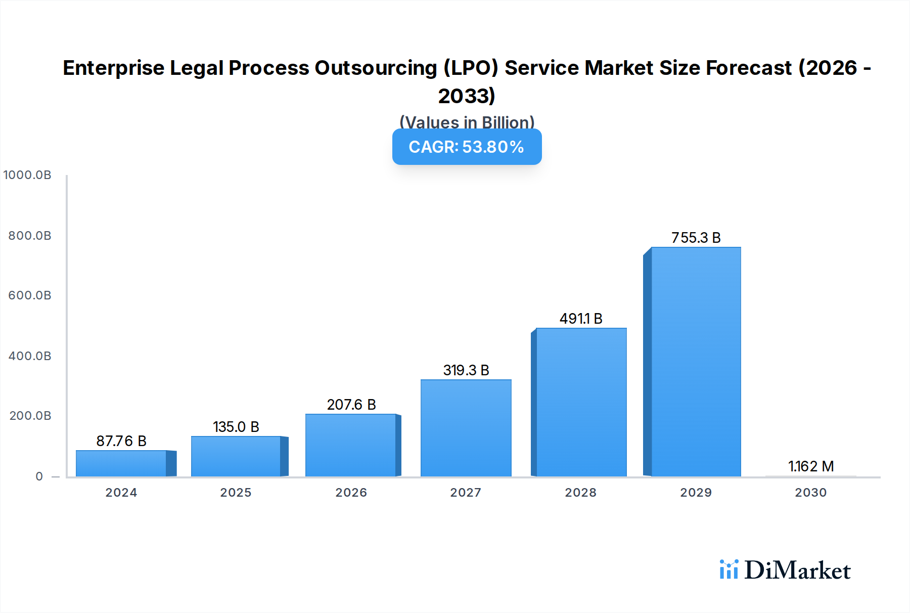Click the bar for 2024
pos(121,463)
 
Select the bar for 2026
pos(351,445)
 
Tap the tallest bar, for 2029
pos(696,362)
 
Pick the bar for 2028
pos(581,402)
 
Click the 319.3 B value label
pos(466,370)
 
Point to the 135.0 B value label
pos(236,427)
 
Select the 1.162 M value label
pos(811,466)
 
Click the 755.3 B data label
pos(696,238)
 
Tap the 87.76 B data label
pos(121,441)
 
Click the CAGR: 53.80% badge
pos(467,147)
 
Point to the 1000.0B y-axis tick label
pos(27,175)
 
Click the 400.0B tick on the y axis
pos(30,356)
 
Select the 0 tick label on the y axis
pos(39,476)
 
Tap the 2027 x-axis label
pos(466,493)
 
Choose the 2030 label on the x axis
pos(810,493)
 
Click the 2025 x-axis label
pos(236,493)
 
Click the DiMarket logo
pos(785,570)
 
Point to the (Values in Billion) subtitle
pos(467,122)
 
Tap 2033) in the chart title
pos(467,96)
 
